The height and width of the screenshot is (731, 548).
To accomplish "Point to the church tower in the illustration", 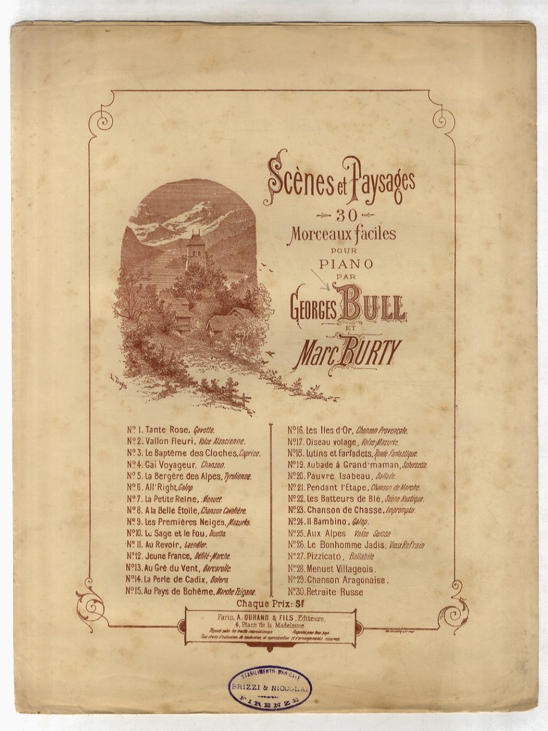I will point(195,250).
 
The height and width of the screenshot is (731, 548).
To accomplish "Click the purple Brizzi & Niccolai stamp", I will point(269,688).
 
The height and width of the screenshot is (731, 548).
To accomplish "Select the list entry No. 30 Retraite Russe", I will point(325,592).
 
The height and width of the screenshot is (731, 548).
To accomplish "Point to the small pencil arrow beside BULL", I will point(322,279).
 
